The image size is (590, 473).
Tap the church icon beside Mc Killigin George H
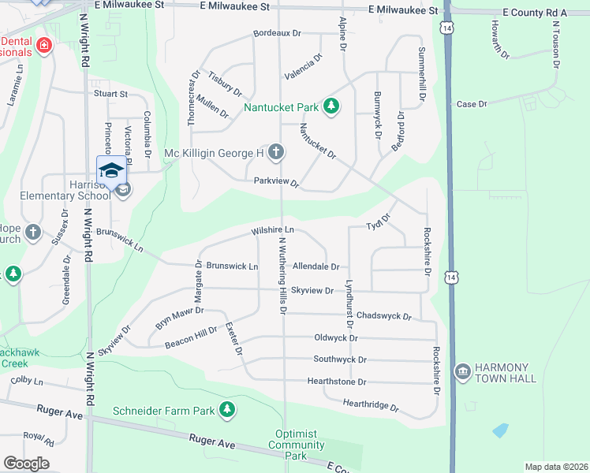point(275,152)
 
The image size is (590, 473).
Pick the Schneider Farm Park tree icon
point(227,410)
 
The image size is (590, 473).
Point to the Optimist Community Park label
point(296,445)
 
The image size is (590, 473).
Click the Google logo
point(26,464)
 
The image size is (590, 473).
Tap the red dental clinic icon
point(44,45)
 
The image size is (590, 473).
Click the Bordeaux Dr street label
point(278,34)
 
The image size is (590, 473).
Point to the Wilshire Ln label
point(273,231)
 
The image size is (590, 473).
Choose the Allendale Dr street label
point(316,267)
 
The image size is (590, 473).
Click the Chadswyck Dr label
point(384,316)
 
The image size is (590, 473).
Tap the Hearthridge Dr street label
point(371,407)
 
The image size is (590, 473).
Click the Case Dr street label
point(472,104)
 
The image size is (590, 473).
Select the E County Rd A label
point(535,13)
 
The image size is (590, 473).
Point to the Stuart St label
point(111,94)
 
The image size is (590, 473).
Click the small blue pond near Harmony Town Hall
point(499,430)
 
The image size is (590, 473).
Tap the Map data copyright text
point(555,467)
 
